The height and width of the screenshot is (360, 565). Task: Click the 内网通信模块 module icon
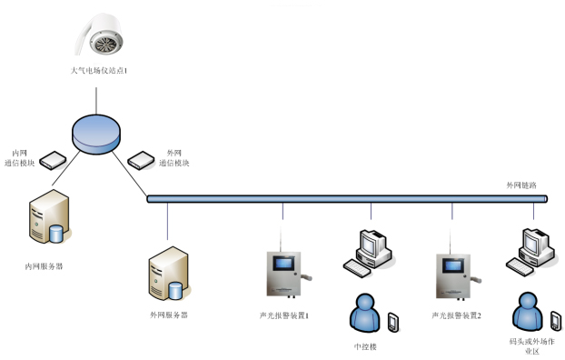point(55,160)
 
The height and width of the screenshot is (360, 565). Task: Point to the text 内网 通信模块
point(25,158)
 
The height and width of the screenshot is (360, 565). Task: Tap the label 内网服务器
point(45,266)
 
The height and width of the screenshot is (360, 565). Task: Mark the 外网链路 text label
point(521,185)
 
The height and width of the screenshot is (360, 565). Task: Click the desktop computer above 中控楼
point(370,252)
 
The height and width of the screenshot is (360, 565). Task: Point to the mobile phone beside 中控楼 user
point(393,321)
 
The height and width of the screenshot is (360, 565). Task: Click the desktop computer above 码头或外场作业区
point(530,251)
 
